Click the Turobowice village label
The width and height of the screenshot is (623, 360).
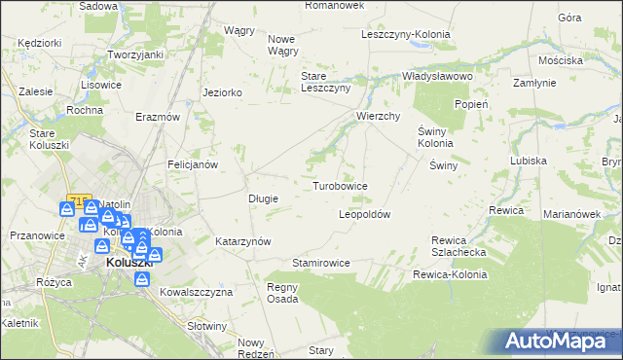point(340,185)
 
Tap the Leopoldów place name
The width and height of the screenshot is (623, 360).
point(364,214)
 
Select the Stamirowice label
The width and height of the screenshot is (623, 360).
point(320,263)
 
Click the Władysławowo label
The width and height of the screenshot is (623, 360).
point(437,76)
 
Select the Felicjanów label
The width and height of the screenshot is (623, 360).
point(192,164)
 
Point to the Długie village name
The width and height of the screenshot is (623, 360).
point(264,198)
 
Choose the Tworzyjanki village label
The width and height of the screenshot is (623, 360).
point(134,54)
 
